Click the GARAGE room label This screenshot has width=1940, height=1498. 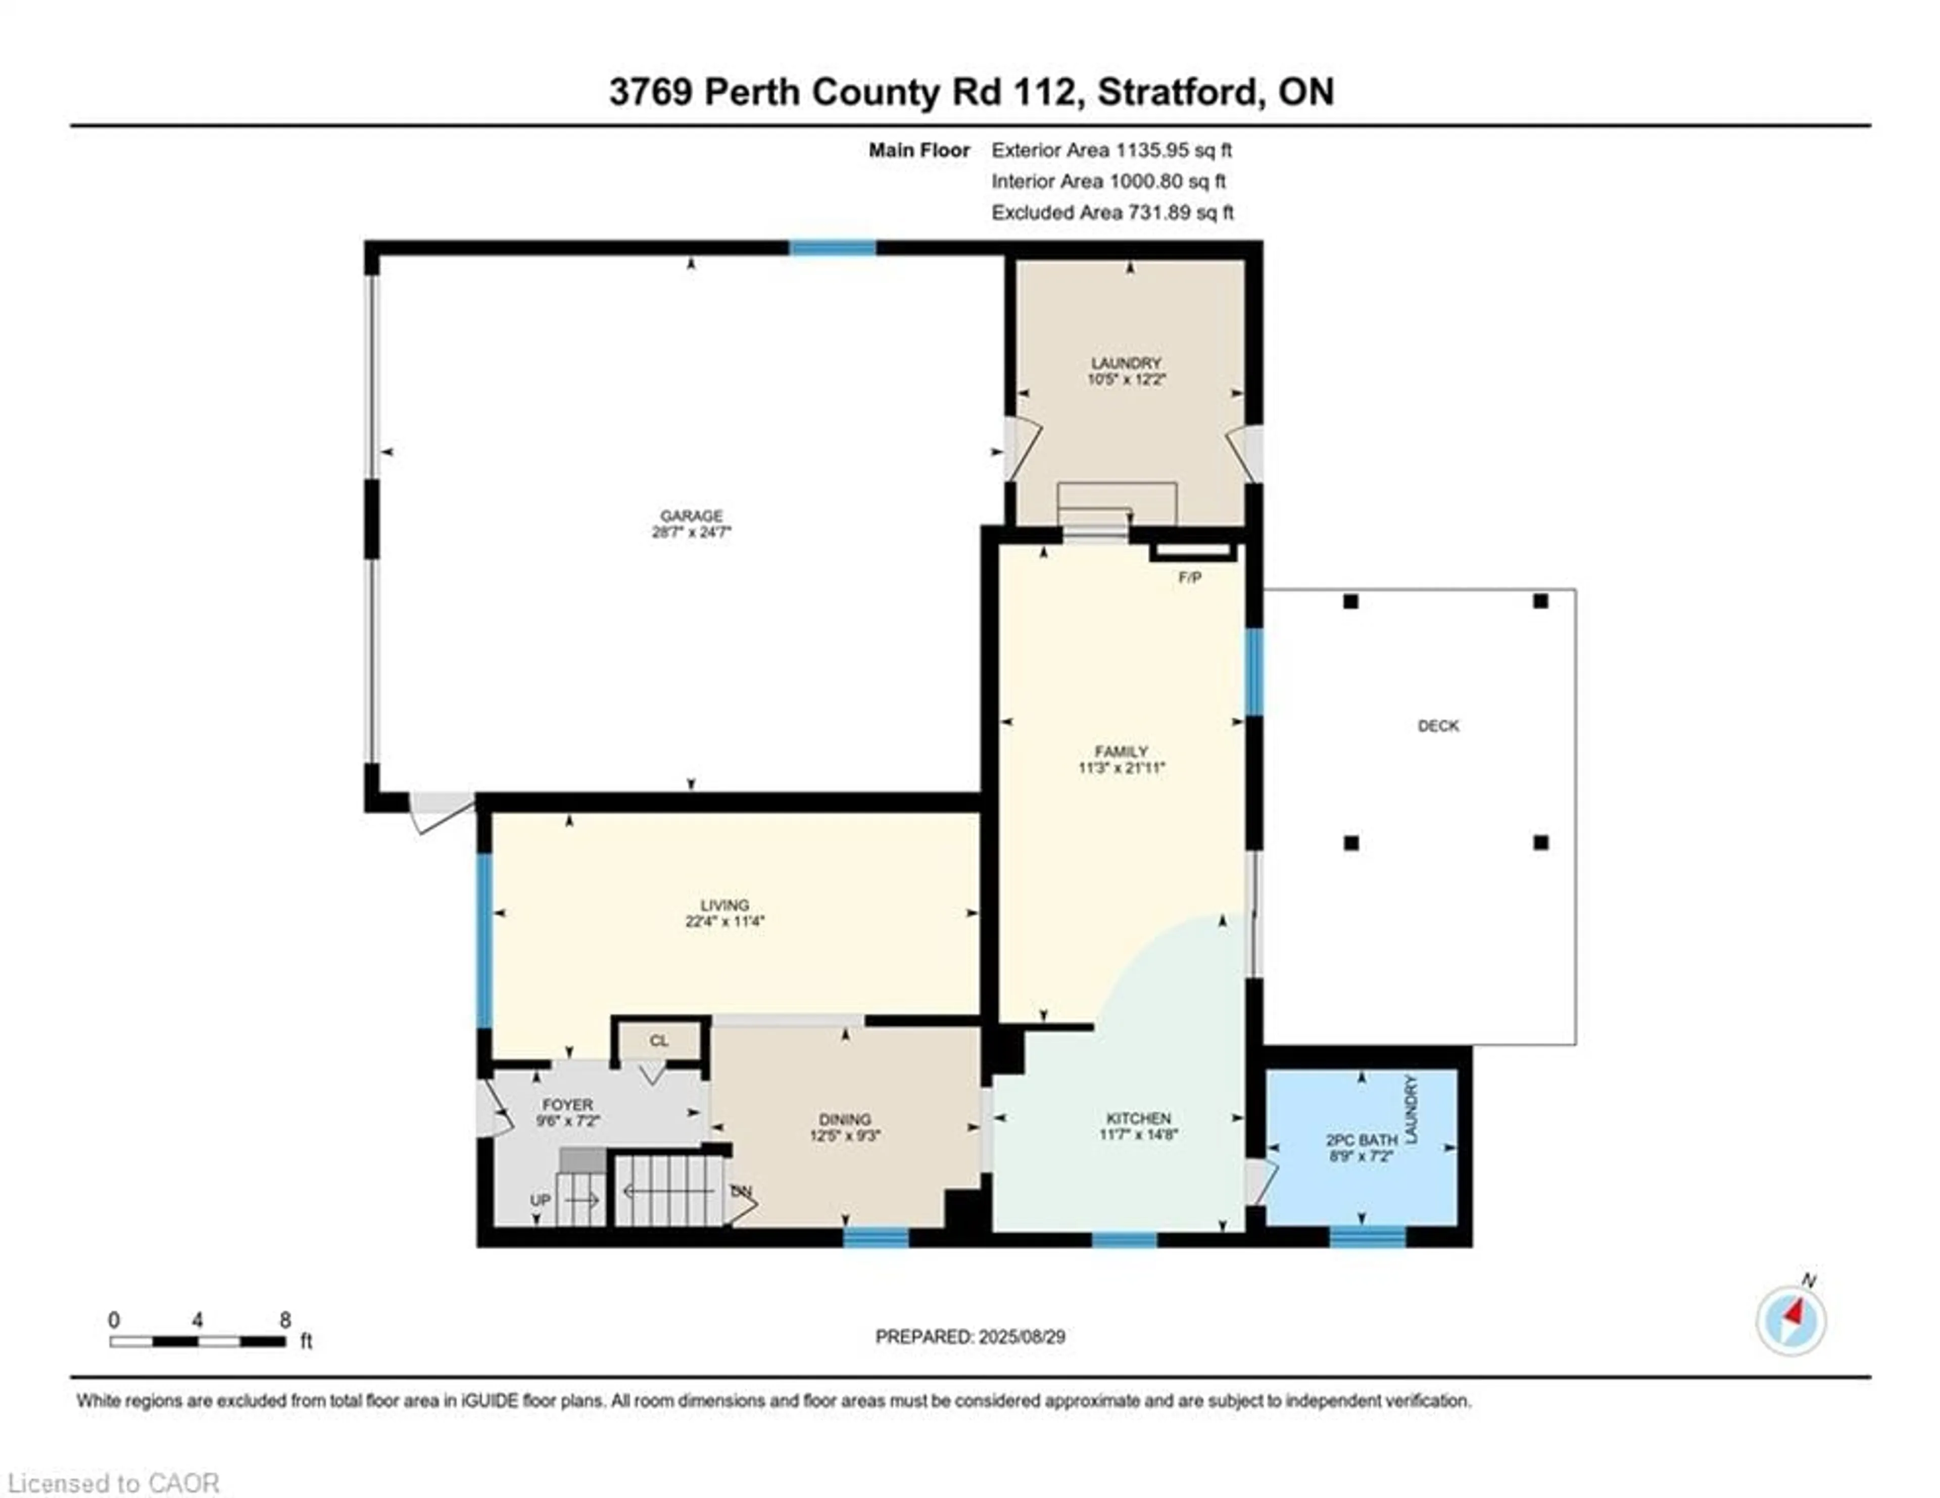point(691,516)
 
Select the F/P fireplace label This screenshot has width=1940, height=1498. point(1189,578)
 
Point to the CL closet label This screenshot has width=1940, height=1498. point(658,1041)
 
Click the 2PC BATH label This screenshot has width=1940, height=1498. point(1361,1140)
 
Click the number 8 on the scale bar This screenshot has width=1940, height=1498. point(285,1320)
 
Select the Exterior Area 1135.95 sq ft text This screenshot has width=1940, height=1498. point(1111,150)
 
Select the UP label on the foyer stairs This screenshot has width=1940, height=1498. point(540,1199)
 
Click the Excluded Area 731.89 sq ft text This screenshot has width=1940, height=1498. point(1112,212)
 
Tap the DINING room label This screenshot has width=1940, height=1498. point(845,1119)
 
